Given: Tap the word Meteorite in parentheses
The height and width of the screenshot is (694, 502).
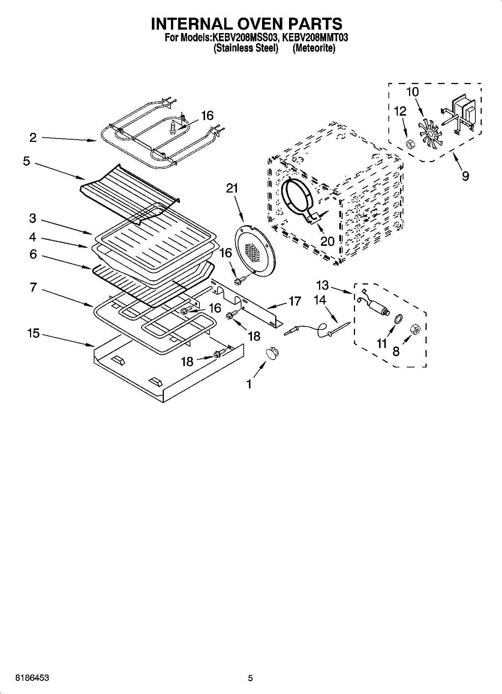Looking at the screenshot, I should (314, 48).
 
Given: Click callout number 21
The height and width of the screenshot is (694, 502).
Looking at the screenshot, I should (232, 188).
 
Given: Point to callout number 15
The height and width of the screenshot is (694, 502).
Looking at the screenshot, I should (33, 333).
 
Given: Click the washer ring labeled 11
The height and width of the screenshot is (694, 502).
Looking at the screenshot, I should (399, 319).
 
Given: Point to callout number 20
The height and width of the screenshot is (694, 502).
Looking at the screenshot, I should (327, 241).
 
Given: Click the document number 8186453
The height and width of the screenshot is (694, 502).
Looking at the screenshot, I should (32, 678).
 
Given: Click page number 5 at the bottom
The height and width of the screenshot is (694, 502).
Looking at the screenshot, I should (250, 678).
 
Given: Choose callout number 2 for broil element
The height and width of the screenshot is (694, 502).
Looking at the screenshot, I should (33, 138).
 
